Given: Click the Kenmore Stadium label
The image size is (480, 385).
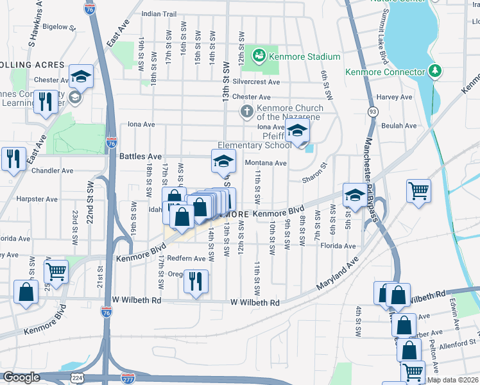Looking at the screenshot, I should coord(295,56).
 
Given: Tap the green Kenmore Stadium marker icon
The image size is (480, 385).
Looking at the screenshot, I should coord(260,56).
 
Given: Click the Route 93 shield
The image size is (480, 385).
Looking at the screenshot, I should coord(372,112).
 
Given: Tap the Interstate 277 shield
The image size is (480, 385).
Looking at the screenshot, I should coord(128,379).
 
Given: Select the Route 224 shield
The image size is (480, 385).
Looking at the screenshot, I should coord(76,379).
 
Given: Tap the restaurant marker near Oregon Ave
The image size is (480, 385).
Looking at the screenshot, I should coord(196,280).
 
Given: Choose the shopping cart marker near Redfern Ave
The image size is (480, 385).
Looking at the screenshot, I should coord(56,271).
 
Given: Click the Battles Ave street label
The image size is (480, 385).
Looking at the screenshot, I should coord(141,156).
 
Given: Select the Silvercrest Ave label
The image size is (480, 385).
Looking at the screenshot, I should coord(257,82).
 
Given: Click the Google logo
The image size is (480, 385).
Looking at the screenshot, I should coord(21,377).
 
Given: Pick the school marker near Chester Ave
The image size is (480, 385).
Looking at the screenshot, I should coord(81,76).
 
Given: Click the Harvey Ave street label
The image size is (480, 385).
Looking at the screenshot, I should coord(394,97).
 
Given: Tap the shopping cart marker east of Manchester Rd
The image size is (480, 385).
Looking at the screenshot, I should coord(418,190).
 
